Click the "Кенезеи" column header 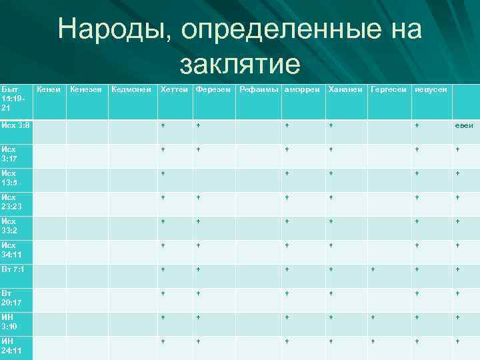coord(85,89)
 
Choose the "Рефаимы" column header coord(259,89)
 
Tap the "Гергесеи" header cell coord(389,89)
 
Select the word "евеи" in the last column coord(464,125)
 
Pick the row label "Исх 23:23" coord(12,202)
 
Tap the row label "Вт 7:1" coord(13,269)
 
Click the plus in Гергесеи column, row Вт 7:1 coord(373,269)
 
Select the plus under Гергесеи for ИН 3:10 coord(373,317)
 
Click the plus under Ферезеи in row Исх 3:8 coord(198,125)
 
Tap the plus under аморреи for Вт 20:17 coord(287,293)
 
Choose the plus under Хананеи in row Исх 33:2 coord(330,221)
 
